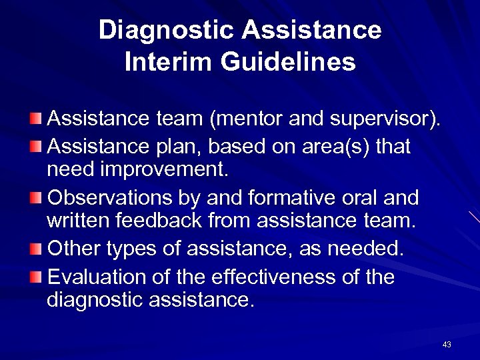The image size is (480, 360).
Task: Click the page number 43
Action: click(447, 345)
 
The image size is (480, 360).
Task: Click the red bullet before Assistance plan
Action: click(35, 145)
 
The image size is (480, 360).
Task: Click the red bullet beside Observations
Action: click(35, 198)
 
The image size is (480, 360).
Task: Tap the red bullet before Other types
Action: click(35, 250)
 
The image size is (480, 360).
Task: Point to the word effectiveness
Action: click(291, 277)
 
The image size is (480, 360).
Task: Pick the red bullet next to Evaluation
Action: click(35, 277)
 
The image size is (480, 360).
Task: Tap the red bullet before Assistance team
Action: click(35, 119)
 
